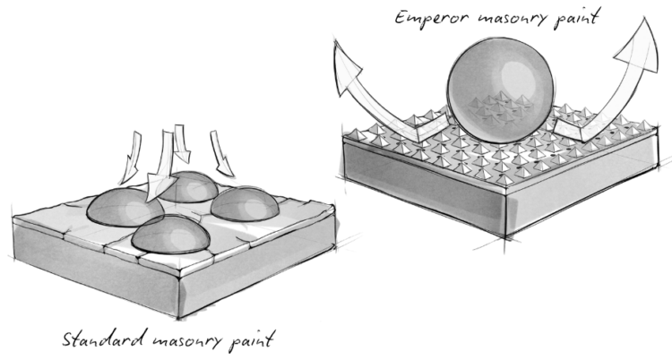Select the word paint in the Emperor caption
point(574,19)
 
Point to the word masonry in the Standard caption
point(188,341)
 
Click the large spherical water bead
point(500,90)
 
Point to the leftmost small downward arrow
point(133,157)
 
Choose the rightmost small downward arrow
point(221,154)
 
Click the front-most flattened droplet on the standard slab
point(170,235)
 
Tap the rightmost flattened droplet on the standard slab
point(245,203)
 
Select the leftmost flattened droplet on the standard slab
point(125,208)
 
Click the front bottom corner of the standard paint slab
point(178,318)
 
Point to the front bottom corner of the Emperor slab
point(506,236)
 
